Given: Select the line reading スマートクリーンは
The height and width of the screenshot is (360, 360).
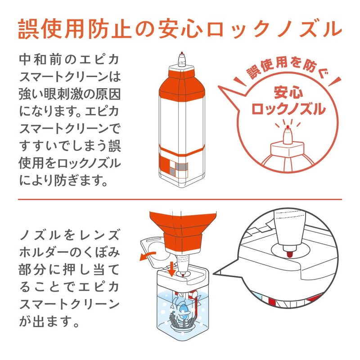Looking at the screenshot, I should click(70, 77).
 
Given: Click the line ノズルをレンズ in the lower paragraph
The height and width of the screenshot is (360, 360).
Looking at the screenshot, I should click(70, 235).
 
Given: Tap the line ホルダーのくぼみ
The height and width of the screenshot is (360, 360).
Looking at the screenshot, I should click(70, 252).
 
